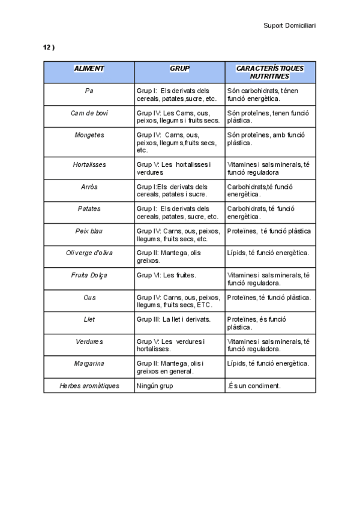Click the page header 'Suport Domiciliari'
click(x=289, y=25)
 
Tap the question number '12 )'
click(x=49, y=47)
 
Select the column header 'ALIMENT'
click(x=89, y=68)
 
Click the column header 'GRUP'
click(x=179, y=68)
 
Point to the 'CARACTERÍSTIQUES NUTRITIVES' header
click(x=269, y=72)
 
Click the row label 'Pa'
click(x=89, y=91)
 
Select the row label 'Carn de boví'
click(x=89, y=113)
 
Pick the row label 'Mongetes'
click(x=89, y=135)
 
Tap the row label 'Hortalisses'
click(x=89, y=164)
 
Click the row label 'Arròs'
click(x=89, y=187)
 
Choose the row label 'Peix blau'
click(x=89, y=230)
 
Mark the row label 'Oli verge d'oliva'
click(x=89, y=253)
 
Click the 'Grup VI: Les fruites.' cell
click(x=166, y=275)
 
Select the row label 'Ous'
click(x=89, y=297)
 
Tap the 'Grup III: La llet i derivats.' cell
click(x=173, y=319)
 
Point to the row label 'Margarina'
click(x=89, y=363)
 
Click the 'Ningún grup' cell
click(x=155, y=385)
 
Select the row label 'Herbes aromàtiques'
click(x=89, y=385)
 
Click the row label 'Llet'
click(x=89, y=319)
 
